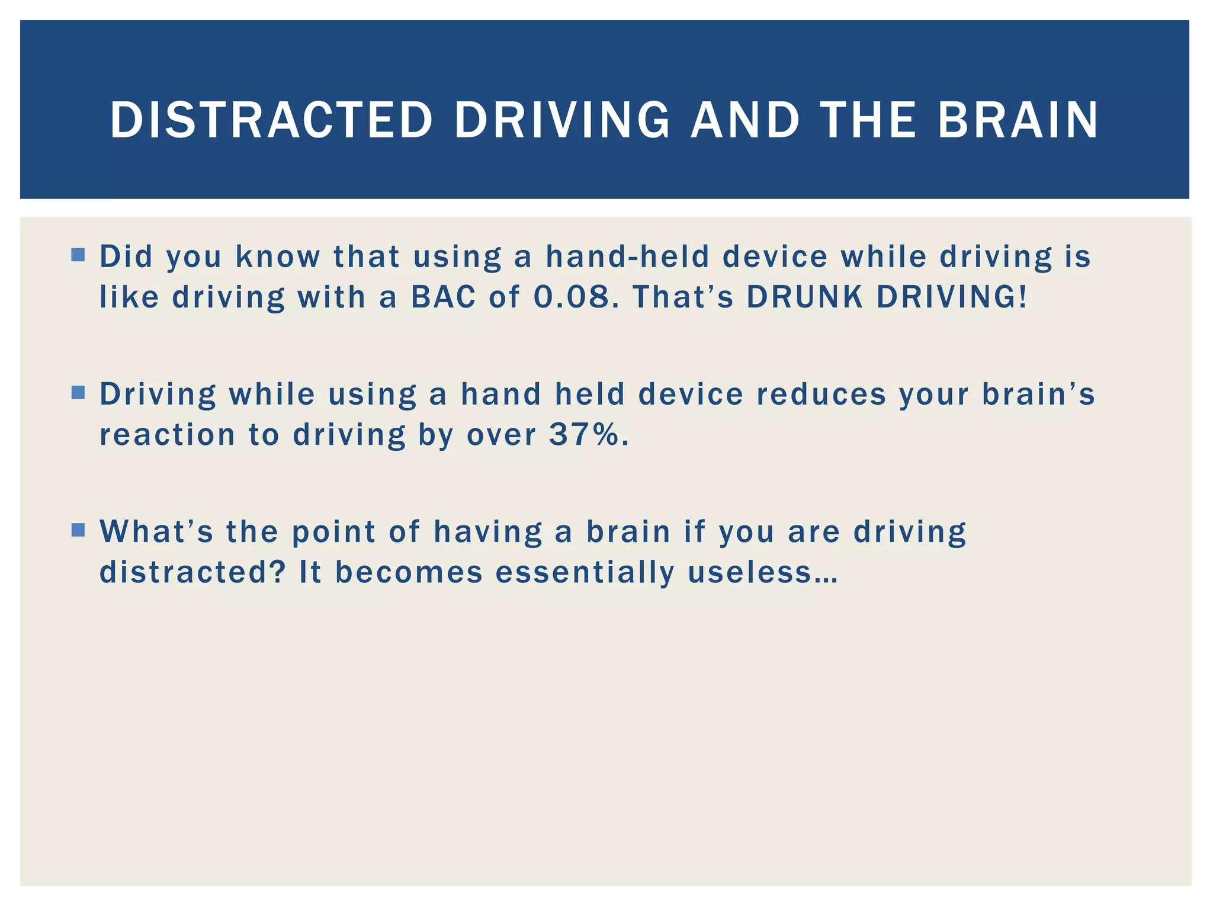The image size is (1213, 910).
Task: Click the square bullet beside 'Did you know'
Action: click(78, 255)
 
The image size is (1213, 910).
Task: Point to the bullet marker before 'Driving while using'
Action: click(78, 393)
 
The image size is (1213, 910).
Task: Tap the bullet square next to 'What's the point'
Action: click(78, 530)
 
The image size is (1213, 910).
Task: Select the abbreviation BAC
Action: click(444, 296)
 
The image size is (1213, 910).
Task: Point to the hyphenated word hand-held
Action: click(627, 257)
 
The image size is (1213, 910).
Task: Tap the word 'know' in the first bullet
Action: click(278, 257)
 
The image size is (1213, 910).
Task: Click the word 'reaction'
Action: click(168, 434)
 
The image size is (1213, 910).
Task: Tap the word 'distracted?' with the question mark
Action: click(193, 572)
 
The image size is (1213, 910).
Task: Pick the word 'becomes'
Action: click(409, 572)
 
